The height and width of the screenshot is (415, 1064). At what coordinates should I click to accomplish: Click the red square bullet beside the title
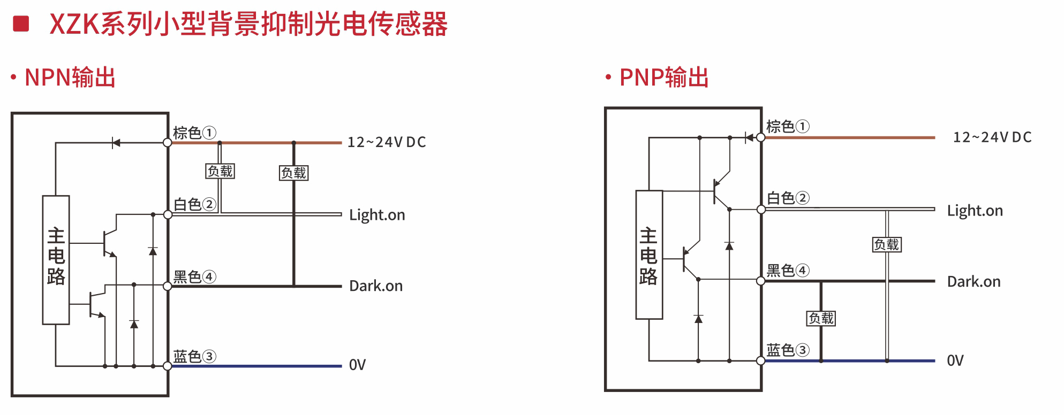[21, 24]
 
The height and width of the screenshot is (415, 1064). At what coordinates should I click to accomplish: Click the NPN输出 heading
[70, 78]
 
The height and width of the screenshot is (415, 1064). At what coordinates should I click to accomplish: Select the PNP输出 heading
[665, 78]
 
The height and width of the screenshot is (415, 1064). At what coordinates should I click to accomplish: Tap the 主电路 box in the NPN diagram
[56, 259]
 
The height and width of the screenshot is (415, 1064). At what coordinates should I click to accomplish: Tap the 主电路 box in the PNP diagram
[649, 255]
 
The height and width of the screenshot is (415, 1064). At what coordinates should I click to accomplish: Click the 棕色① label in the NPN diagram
[194, 132]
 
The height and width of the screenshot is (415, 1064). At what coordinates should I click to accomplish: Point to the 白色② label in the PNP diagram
[788, 198]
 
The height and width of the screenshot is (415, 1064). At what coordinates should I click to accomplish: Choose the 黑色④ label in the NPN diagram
[194, 276]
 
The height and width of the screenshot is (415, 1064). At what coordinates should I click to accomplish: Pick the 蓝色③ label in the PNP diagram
[788, 350]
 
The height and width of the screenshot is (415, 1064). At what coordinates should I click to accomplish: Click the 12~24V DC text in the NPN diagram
[387, 142]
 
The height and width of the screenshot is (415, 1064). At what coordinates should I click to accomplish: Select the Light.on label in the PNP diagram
[975, 211]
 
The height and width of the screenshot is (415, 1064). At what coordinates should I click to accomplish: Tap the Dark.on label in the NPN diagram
[376, 286]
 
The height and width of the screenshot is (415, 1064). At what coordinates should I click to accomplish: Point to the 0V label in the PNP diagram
[955, 361]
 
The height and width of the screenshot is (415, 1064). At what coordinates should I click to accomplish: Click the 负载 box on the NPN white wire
[220, 171]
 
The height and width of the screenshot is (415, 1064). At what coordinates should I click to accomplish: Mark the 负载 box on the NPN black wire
[294, 173]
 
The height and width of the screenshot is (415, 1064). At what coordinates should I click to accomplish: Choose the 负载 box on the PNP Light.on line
[887, 244]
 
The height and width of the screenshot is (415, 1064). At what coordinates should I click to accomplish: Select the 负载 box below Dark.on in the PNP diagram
[821, 318]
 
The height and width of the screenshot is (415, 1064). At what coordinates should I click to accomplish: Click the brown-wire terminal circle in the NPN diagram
[168, 143]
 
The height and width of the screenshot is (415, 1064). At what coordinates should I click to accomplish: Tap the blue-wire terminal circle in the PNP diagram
[761, 361]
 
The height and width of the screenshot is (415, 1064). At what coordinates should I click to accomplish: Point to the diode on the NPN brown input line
[115, 143]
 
